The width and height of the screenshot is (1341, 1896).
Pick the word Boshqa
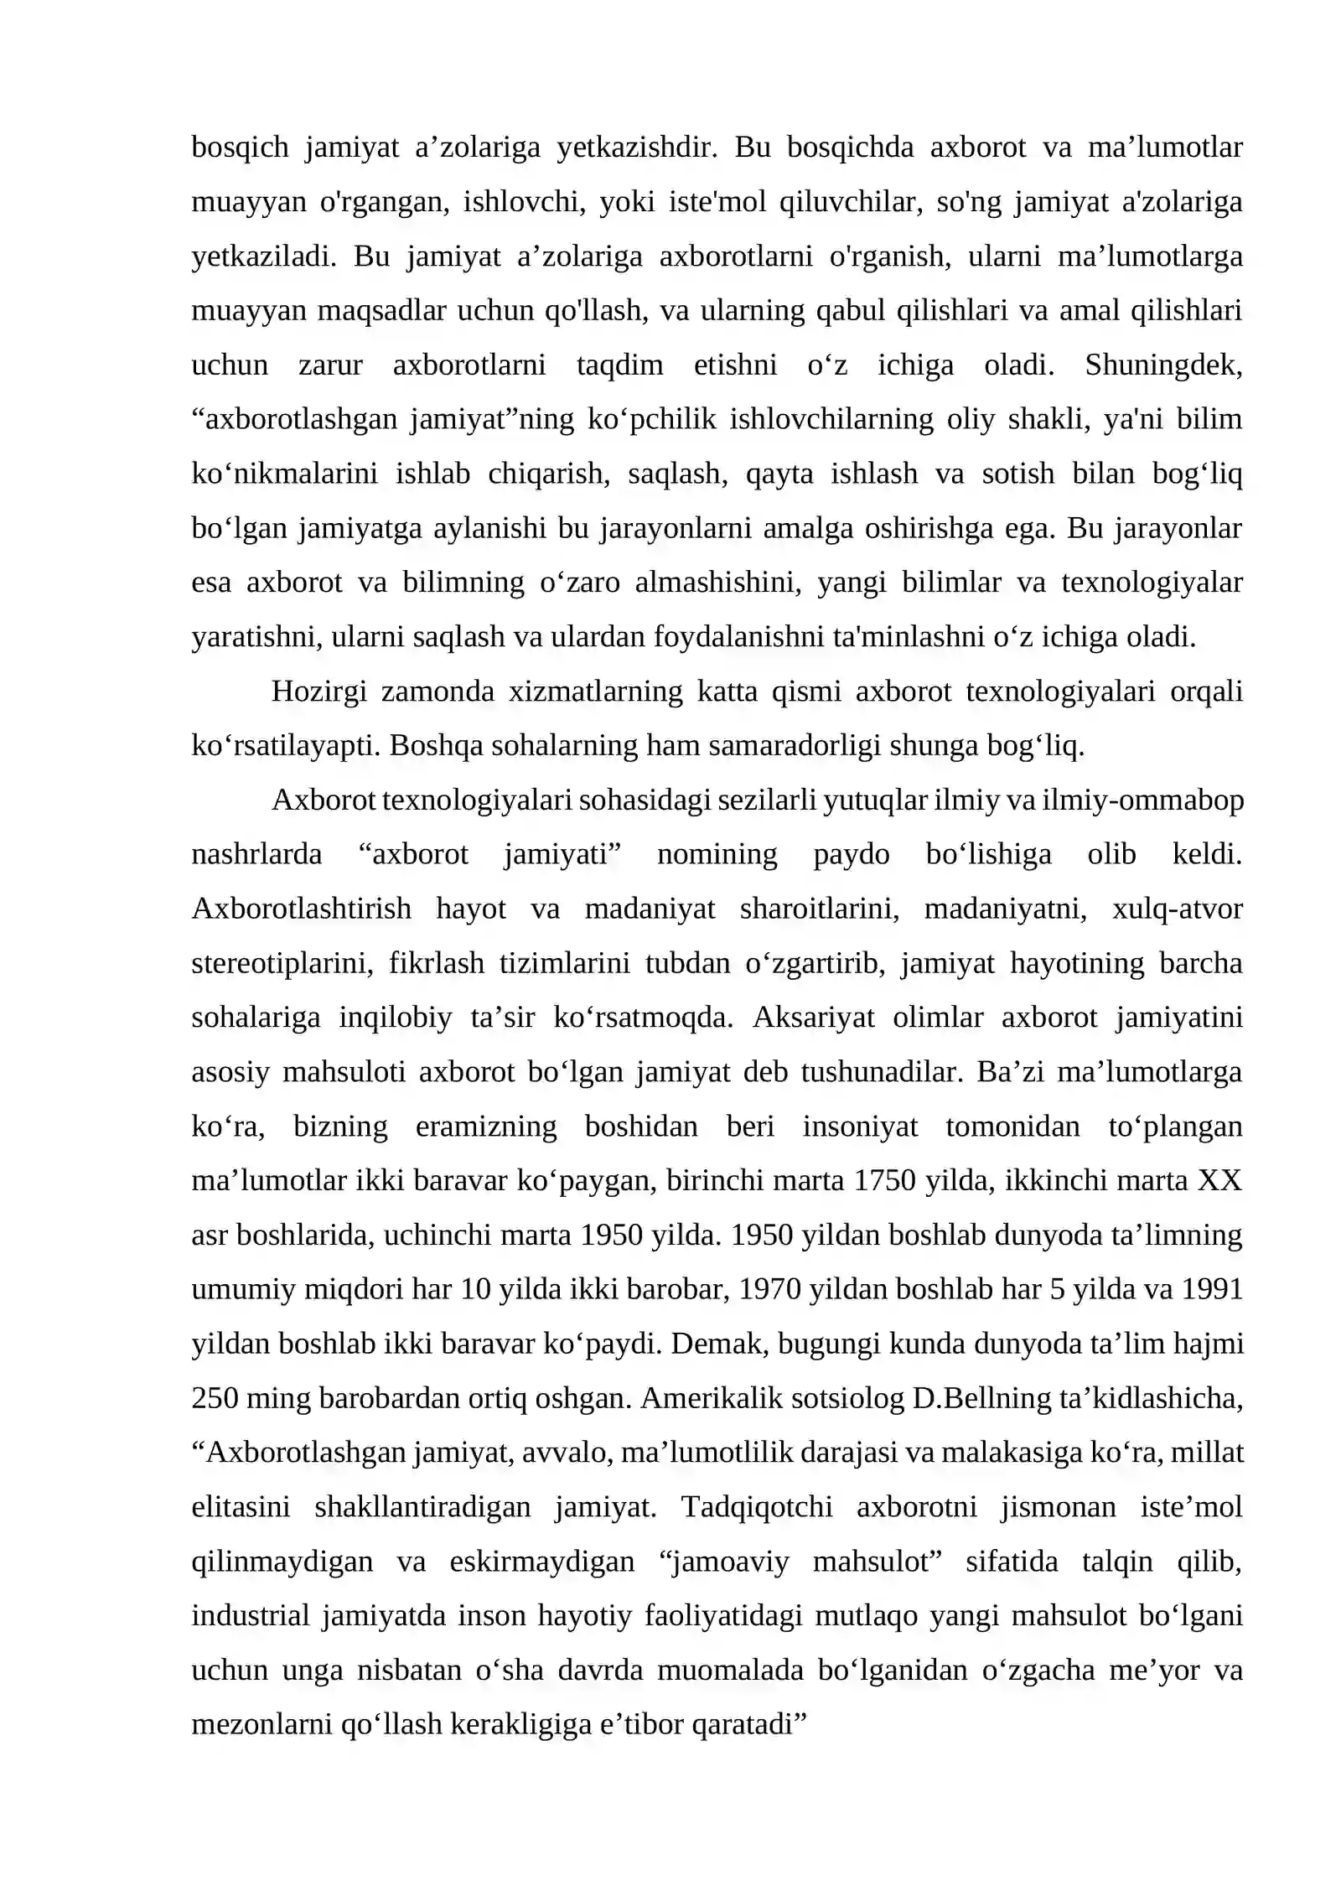click(437, 745)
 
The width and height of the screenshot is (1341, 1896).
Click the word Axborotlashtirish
click(302, 909)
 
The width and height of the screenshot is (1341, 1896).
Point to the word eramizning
click(486, 1127)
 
